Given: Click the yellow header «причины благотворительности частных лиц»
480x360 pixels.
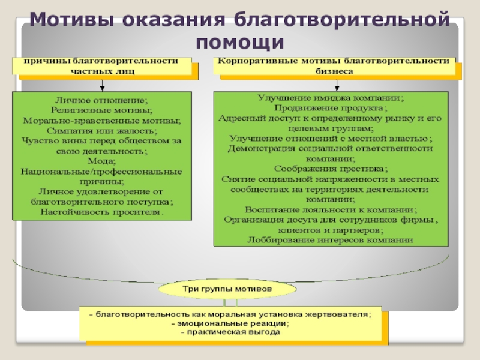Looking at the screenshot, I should pos(101,65).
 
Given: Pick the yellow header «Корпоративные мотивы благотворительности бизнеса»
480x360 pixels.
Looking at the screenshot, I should pos(334,65).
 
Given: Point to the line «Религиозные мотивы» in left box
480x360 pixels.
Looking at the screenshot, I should pos(101,110).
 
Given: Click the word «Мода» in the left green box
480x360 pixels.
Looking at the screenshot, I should pos(101,161).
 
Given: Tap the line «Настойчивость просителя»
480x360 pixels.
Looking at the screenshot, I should pos(101,212).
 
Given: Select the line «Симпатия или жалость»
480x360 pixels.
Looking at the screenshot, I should pos(101,131).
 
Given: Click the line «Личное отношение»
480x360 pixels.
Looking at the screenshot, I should pos(101,100).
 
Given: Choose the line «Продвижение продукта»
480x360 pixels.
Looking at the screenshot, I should pos(331,108).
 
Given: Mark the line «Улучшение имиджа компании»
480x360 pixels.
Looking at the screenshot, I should pos(331,98).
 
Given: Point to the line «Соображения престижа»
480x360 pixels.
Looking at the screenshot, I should pos(331,169).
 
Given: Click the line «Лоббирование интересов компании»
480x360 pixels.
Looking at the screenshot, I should pos(331,239).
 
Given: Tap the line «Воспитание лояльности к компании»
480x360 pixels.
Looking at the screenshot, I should pos(331,209).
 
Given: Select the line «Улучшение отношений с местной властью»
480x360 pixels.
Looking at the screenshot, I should pos(331,139).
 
